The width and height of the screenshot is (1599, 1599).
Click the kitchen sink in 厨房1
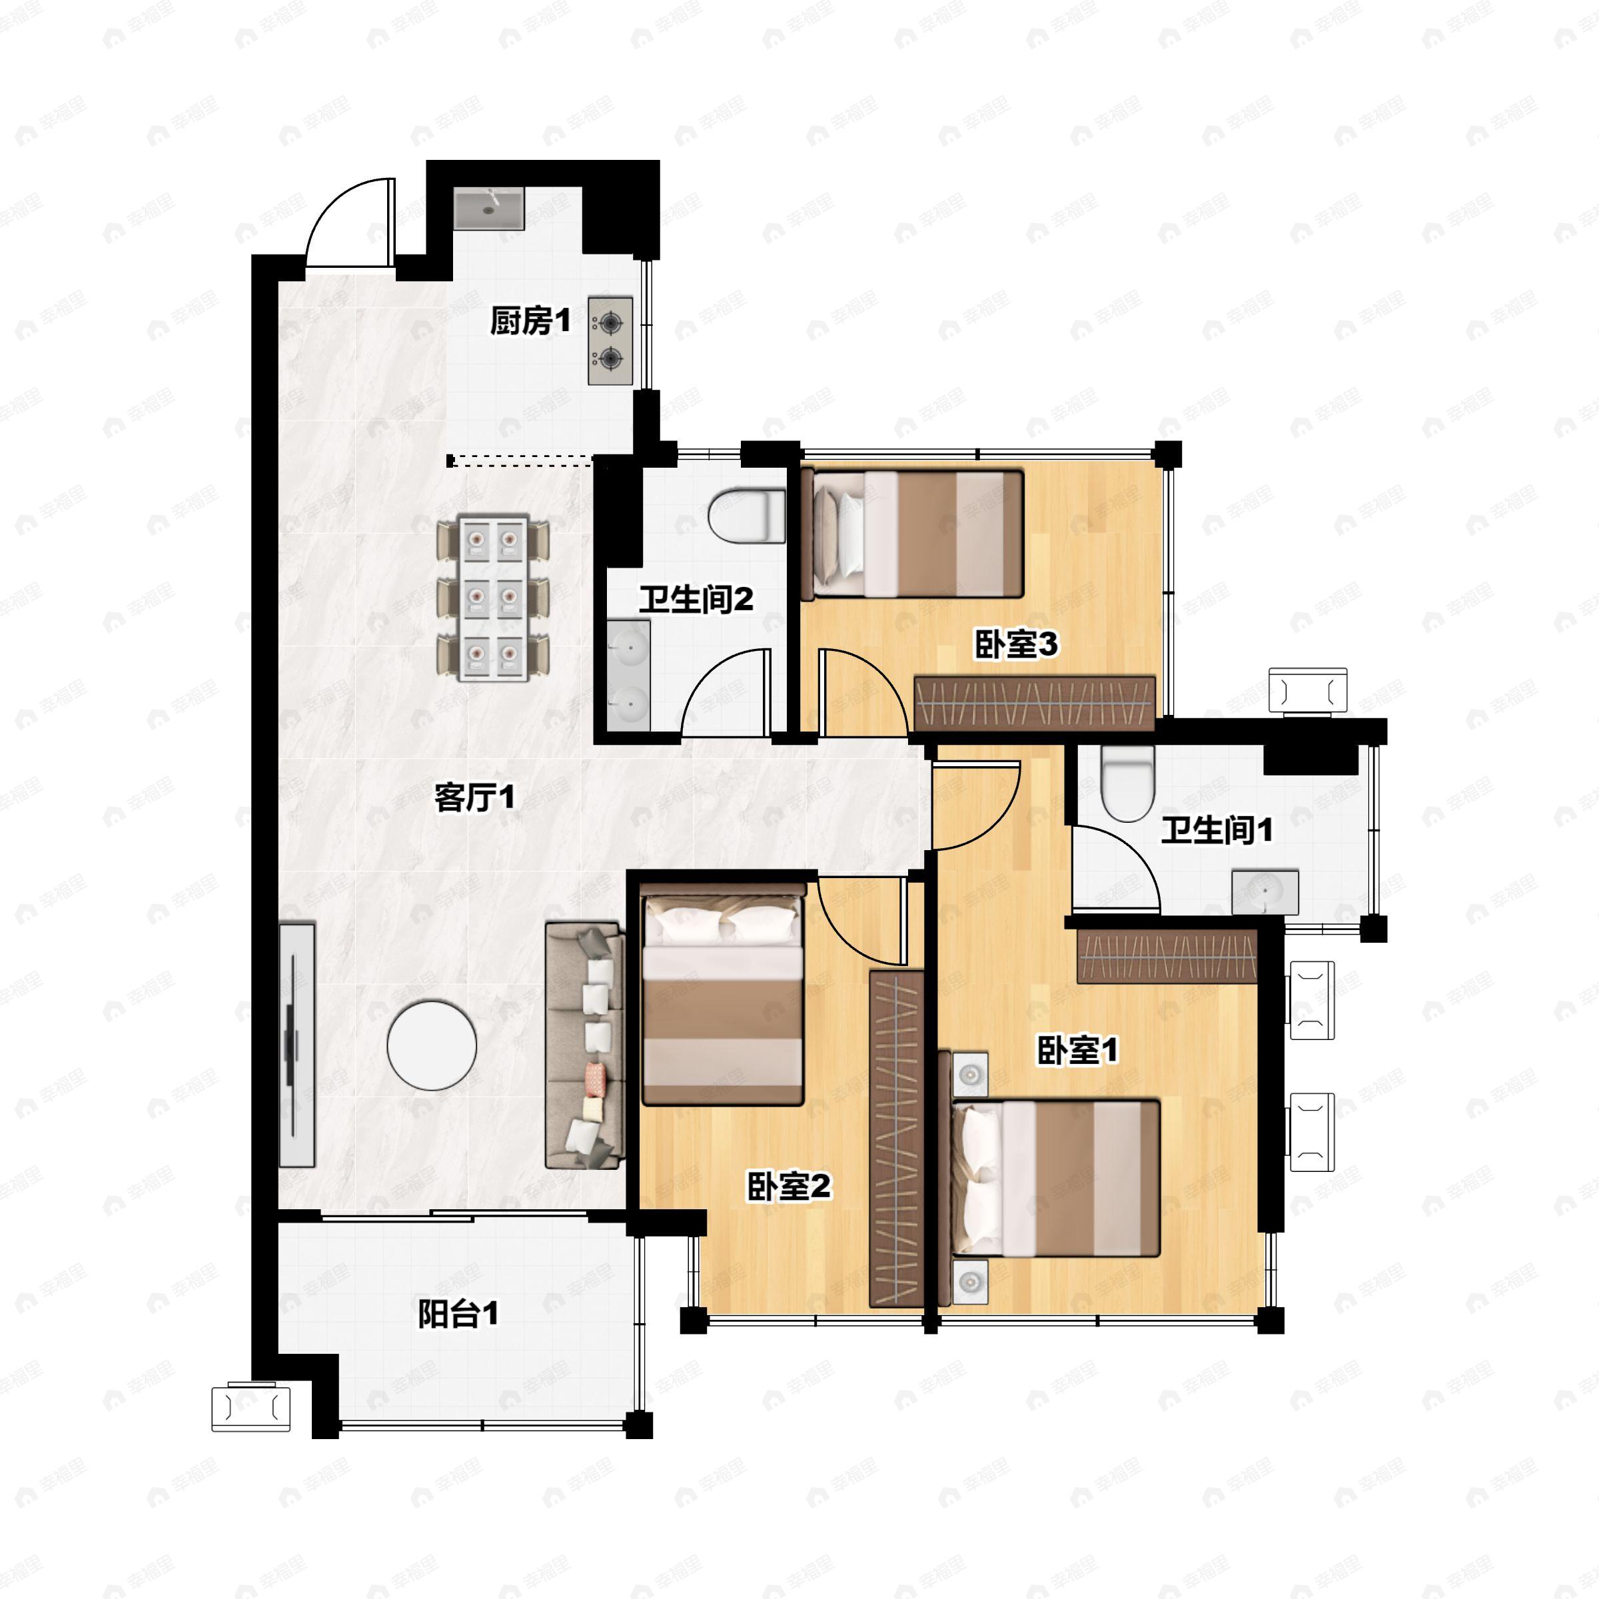coord(489,208)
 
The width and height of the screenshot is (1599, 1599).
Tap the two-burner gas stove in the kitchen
coord(611,340)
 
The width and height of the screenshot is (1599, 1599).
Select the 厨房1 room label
coord(530,321)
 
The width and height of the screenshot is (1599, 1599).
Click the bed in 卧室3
coord(913,534)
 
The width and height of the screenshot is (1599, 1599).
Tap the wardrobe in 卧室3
coord(1035,704)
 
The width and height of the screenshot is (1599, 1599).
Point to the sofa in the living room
coord(584,1045)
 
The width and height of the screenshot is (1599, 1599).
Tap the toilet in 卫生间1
coord(1128,783)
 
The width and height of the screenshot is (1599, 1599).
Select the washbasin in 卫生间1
coord(1265,893)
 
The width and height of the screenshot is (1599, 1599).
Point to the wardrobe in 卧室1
coord(1167,956)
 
